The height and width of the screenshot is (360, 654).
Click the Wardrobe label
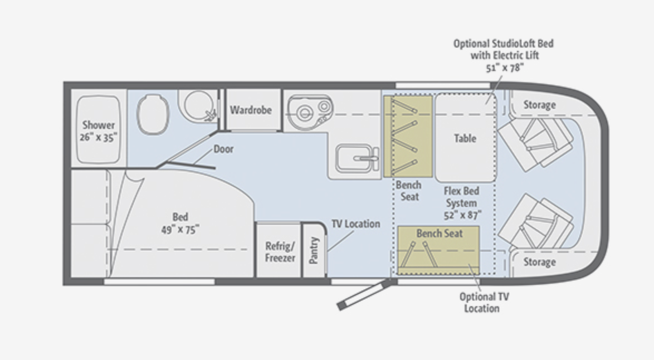click(x=251, y=110)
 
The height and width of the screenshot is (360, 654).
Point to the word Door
click(x=223, y=149)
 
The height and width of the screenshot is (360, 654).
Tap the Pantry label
click(x=314, y=250)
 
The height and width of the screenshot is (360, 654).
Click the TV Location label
click(x=355, y=224)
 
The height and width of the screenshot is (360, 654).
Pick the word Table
click(x=465, y=138)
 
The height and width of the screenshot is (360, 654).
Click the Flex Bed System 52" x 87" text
click(x=462, y=202)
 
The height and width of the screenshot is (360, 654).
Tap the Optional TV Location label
click(x=484, y=302)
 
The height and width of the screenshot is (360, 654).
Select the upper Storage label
click(x=539, y=105)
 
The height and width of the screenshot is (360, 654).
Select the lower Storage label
click(x=539, y=262)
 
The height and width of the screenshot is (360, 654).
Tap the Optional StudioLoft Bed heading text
click(x=503, y=43)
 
